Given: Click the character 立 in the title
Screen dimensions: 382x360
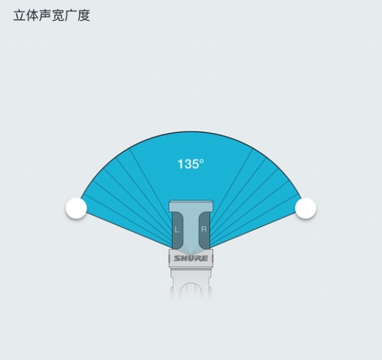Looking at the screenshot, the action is point(20,15).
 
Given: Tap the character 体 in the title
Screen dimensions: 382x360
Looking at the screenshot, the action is point(32,15).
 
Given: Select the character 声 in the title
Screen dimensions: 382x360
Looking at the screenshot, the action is point(45,15).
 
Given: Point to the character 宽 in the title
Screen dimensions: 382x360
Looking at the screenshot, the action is point(58,15).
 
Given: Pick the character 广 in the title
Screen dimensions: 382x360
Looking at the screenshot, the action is point(71,15).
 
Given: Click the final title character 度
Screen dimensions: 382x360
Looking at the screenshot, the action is point(84,15).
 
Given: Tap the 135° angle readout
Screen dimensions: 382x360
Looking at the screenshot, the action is point(191,164).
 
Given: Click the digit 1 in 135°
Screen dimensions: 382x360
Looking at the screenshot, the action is point(181,164).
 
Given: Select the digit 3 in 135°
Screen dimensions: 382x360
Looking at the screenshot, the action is point(187,164).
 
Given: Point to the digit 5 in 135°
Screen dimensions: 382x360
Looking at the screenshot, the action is point(195,164).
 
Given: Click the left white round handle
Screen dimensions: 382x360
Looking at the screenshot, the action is point(76,208).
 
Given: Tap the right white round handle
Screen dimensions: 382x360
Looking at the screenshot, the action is point(306,208).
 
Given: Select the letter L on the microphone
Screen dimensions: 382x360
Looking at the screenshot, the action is point(177,229).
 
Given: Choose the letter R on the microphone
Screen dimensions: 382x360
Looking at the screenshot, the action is point(204,229).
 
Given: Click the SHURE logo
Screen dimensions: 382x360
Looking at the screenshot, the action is point(191,258).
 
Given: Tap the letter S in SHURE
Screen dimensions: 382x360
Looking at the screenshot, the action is point(177,258).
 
